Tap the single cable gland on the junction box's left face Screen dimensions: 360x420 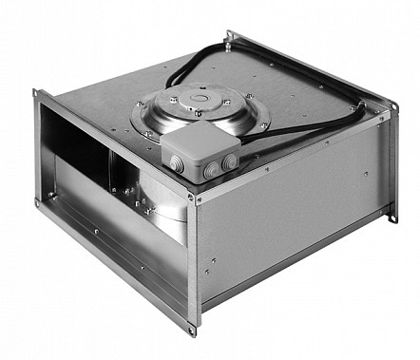176,164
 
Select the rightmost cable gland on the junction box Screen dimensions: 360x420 233,162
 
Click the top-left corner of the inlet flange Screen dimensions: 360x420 36,93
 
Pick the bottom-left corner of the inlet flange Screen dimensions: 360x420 39,200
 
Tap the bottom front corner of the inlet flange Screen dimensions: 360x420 191,331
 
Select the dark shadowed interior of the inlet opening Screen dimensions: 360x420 76,142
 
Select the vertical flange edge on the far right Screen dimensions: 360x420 392,161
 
